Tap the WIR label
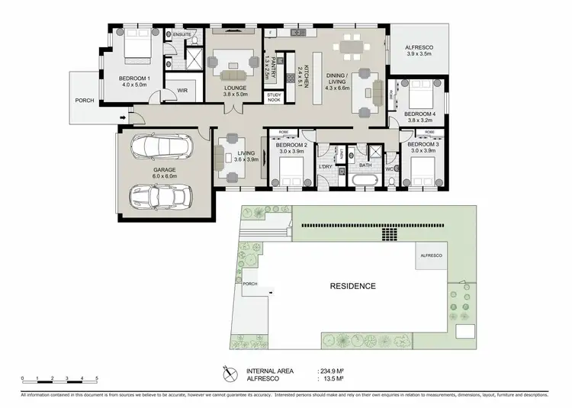coord(182,90)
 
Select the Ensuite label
coord(182,35)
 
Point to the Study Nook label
coord(274,98)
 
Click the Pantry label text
coord(268,66)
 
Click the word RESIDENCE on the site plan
coord(352,287)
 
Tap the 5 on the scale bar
coord(97,378)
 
